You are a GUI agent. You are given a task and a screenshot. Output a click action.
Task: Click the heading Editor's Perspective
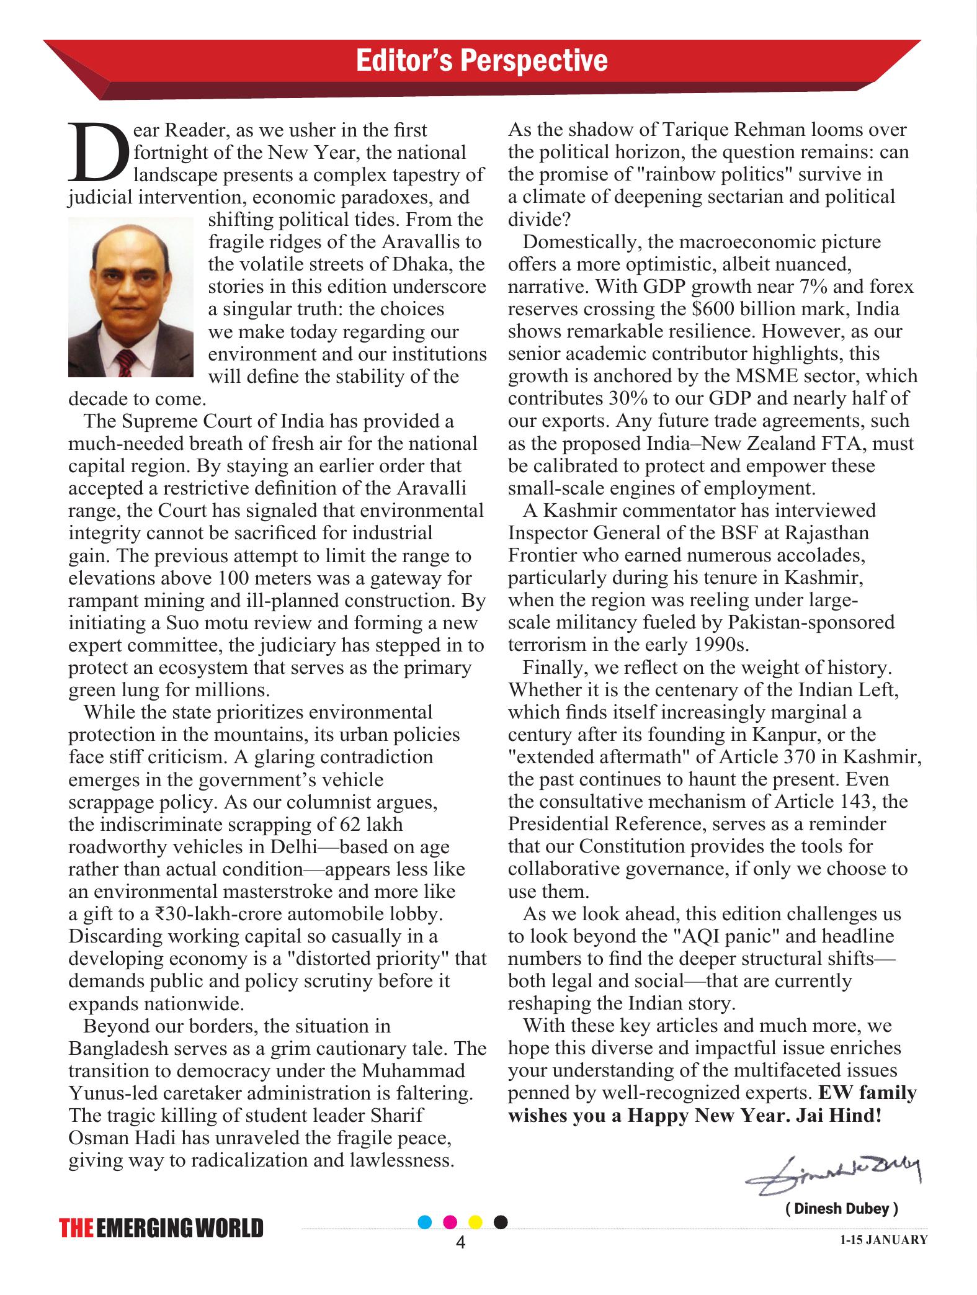[481, 61]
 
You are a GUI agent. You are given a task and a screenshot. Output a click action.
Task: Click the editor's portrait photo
[130, 297]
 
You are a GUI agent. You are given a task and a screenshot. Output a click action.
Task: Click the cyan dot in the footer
[426, 1222]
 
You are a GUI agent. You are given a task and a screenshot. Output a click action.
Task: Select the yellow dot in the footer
[475, 1222]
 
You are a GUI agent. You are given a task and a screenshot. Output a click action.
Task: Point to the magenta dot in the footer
[451, 1222]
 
